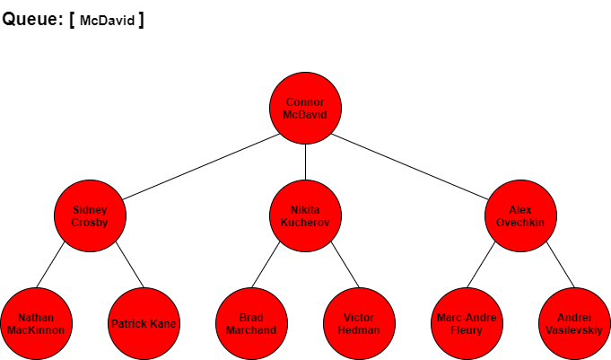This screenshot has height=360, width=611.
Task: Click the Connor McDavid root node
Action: (x=305, y=108)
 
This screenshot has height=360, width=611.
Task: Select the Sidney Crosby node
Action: (x=90, y=215)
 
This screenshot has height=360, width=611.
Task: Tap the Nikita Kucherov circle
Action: (x=305, y=215)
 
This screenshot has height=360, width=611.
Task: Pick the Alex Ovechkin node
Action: (x=520, y=215)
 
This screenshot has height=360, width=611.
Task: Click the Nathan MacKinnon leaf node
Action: (x=36, y=323)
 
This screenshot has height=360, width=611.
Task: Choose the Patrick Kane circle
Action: (x=144, y=323)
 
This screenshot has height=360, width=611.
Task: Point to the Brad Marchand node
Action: (x=252, y=323)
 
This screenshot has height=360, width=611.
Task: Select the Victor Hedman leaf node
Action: (x=359, y=323)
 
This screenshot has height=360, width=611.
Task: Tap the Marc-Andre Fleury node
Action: (x=467, y=323)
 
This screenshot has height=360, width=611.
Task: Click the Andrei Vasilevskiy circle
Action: (x=574, y=323)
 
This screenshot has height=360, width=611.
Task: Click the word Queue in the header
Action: (x=31, y=19)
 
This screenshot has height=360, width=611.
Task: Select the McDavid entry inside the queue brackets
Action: (x=107, y=21)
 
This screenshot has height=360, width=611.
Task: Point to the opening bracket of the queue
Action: (x=72, y=20)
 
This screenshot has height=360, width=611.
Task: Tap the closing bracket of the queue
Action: (x=141, y=20)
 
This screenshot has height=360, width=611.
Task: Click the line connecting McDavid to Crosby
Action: (x=201, y=167)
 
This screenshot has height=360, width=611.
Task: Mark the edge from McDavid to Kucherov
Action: (x=305, y=162)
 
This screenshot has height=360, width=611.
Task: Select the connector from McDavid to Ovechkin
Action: (x=409, y=167)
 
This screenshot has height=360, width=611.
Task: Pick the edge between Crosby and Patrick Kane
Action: (x=130, y=265)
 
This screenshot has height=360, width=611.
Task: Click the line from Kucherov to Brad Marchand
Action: (x=266, y=265)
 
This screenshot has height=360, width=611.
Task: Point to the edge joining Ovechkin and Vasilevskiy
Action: (x=561, y=265)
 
